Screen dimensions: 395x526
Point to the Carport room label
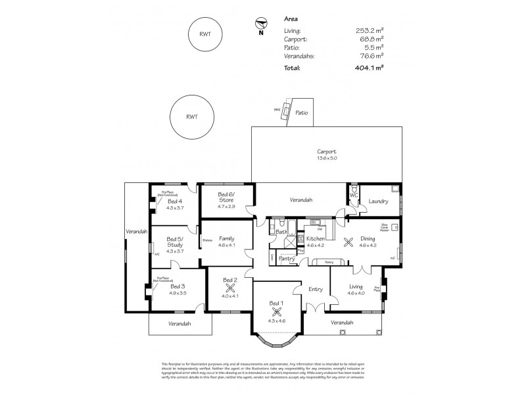[x=327, y=151]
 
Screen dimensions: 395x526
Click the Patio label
[x=302, y=113]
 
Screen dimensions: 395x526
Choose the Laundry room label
[x=378, y=201]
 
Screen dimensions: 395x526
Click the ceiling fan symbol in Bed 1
[x=274, y=313]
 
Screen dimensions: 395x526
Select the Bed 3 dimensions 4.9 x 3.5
[x=178, y=293]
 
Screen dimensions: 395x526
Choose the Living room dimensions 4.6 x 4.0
[x=356, y=293]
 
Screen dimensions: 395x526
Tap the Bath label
[x=281, y=232]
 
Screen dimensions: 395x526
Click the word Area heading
[x=291, y=20]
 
